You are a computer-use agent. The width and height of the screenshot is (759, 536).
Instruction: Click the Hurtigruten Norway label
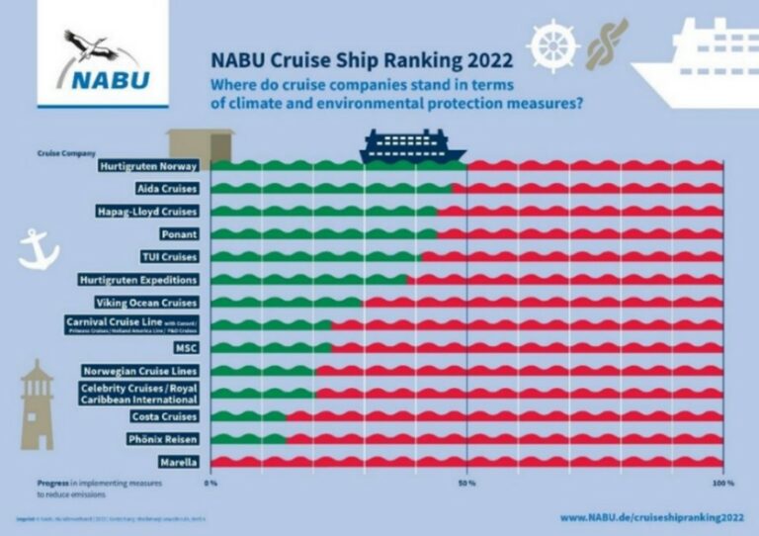point(149,166)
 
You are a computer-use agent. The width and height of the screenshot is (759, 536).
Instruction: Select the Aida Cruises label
point(166,188)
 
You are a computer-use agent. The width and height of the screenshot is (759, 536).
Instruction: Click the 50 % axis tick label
point(467,484)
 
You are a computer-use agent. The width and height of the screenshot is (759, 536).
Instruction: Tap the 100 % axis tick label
point(721,484)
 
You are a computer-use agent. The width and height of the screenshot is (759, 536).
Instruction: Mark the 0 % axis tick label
point(211,484)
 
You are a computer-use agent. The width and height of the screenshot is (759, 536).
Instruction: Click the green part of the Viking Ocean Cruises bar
point(287,303)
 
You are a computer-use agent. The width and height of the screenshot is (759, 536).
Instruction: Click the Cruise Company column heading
point(66,153)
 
